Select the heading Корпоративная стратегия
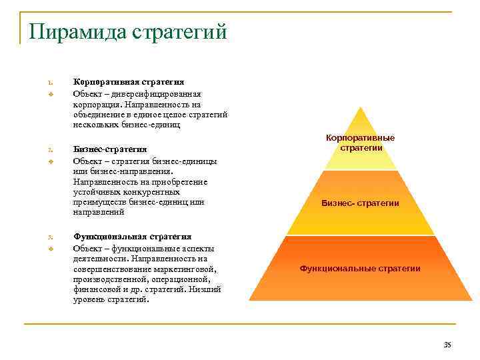point(129,81)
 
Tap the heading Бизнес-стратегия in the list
point(110,149)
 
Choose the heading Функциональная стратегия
point(132,237)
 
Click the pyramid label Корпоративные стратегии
point(360,143)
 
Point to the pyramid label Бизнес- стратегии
point(360,203)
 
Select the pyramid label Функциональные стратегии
point(360,268)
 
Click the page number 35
point(447,344)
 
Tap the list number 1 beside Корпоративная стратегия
point(50,82)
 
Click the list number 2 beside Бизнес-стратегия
point(50,149)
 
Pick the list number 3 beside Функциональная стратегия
point(50,237)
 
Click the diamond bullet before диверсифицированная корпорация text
point(50,94)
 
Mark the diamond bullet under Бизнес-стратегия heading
point(50,161)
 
